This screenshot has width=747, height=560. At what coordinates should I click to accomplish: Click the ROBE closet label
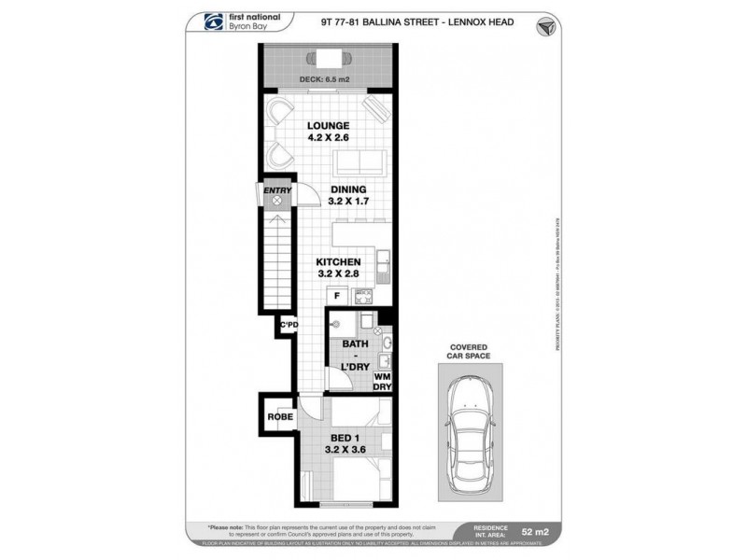point(279,418)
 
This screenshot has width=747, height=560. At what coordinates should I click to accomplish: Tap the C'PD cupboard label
point(289,326)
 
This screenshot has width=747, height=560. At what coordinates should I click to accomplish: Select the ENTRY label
point(276,191)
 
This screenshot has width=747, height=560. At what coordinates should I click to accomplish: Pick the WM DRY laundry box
point(383,381)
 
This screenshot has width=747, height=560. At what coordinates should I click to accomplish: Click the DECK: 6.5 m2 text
point(325,79)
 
